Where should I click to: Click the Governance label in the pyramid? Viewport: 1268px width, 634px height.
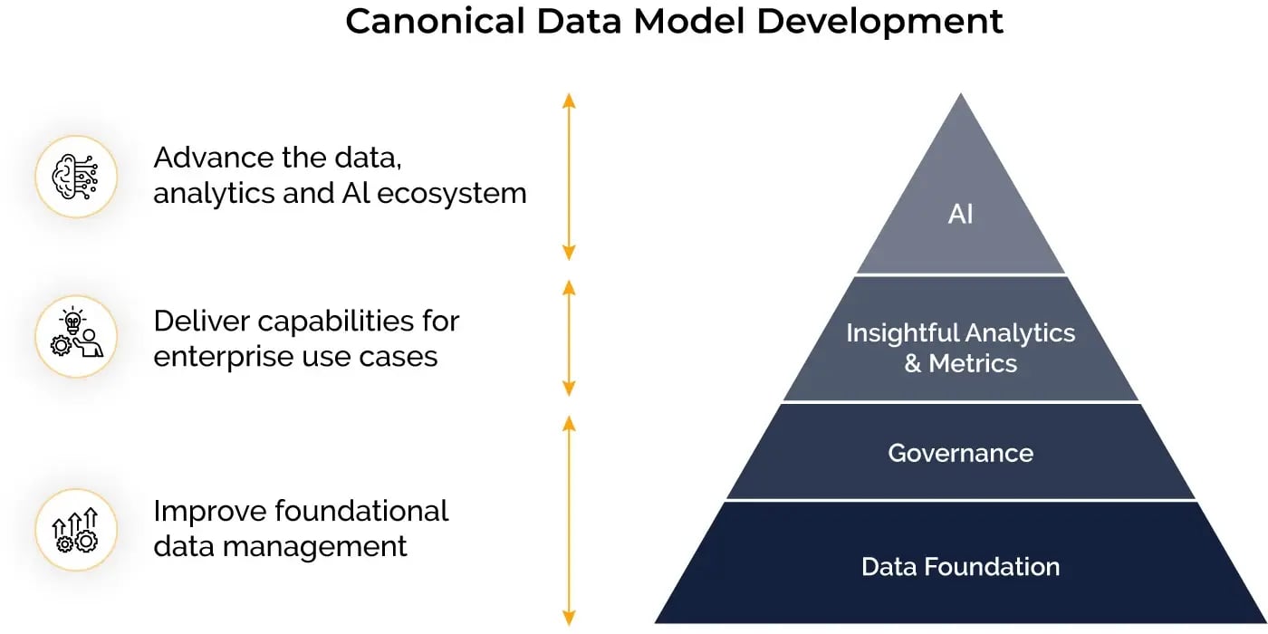[x=960, y=453]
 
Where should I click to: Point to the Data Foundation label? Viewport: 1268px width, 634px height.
[x=960, y=567]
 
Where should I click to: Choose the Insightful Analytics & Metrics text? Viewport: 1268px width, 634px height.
[x=960, y=348]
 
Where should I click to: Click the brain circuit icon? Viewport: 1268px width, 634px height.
[x=76, y=176]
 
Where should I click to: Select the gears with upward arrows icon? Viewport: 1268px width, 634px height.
[x=76, y=530]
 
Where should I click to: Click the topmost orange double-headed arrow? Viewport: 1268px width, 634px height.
[x=569, y=177]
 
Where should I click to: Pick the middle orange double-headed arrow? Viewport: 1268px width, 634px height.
[x=569, y=338]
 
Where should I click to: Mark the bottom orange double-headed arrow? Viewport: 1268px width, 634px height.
[x=569, y=521]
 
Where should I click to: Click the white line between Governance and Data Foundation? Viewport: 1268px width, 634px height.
[x=960, y=500]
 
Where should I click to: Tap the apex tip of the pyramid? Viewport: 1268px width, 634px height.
[x=960, y=96]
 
